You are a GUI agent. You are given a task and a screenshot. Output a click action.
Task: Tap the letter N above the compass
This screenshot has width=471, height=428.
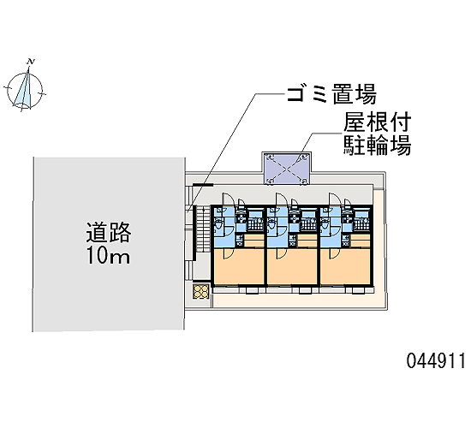[x=30, y=62]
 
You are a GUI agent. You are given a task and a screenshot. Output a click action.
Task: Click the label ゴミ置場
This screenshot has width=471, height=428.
[x=331, y=94]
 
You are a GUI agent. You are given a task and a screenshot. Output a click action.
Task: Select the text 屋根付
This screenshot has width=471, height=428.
[x=378, y=122]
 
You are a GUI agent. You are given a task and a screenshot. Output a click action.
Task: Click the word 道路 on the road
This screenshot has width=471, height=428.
[x=109, y=233]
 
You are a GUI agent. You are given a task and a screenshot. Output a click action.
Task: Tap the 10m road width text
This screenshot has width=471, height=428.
[x=108, y=256]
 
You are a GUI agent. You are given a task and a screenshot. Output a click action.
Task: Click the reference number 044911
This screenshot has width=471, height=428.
[x=436, y=360]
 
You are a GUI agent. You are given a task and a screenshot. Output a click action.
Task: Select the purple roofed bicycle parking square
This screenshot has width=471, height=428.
[x=288, y=169]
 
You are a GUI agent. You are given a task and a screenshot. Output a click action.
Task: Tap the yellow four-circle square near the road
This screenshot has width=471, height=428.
[x=200, y=291]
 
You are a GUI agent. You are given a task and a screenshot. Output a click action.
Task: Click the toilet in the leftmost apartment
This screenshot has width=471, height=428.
[x=218, y=224]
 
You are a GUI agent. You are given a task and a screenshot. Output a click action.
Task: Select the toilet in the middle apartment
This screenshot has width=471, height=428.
[x=271, y=224]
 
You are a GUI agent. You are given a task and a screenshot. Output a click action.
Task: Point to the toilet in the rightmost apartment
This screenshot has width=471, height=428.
[x=325, y=224]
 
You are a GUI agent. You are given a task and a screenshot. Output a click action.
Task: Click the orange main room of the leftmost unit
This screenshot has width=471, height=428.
[x=239, y=266]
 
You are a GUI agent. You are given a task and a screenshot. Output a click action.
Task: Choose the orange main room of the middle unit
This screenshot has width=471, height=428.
[x=292, y=266]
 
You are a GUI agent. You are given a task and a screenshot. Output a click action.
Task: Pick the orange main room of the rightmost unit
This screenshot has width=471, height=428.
[x=345, y=266]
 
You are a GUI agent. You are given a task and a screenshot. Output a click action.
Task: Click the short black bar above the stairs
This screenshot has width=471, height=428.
[x=203, y=185]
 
